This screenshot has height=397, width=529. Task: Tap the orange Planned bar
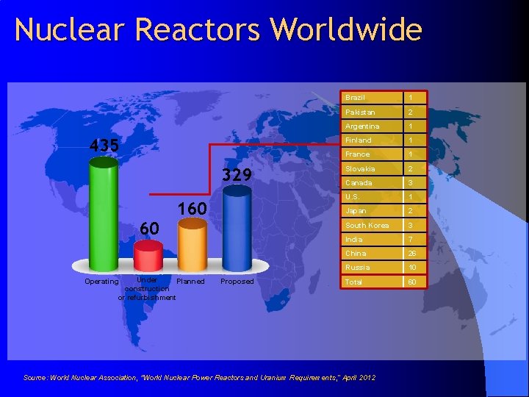coord(192,246)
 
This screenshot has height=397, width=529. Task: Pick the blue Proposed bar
coord(237,229)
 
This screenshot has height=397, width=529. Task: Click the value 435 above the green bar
coord(104,146)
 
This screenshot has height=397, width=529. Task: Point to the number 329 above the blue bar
coord(237,175)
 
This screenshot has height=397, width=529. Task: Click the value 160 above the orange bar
coord(192,209)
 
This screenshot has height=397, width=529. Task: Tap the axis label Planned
coord(190,282)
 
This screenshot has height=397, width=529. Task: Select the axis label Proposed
coord(237,282)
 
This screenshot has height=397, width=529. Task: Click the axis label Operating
coord(101,282)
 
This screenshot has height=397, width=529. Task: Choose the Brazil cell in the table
coord(356,98)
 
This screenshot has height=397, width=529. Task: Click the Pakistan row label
coord(360,112)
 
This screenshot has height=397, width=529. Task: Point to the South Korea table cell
coord(367,225)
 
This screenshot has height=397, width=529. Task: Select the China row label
coord(356,253)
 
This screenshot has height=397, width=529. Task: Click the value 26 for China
coord(413,254)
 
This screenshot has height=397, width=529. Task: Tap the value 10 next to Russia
coord(413,268)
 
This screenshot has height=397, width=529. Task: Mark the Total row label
coord(354,282)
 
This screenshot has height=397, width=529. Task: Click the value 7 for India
coord(411,240)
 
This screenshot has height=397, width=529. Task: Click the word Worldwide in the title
coord(346,30)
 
